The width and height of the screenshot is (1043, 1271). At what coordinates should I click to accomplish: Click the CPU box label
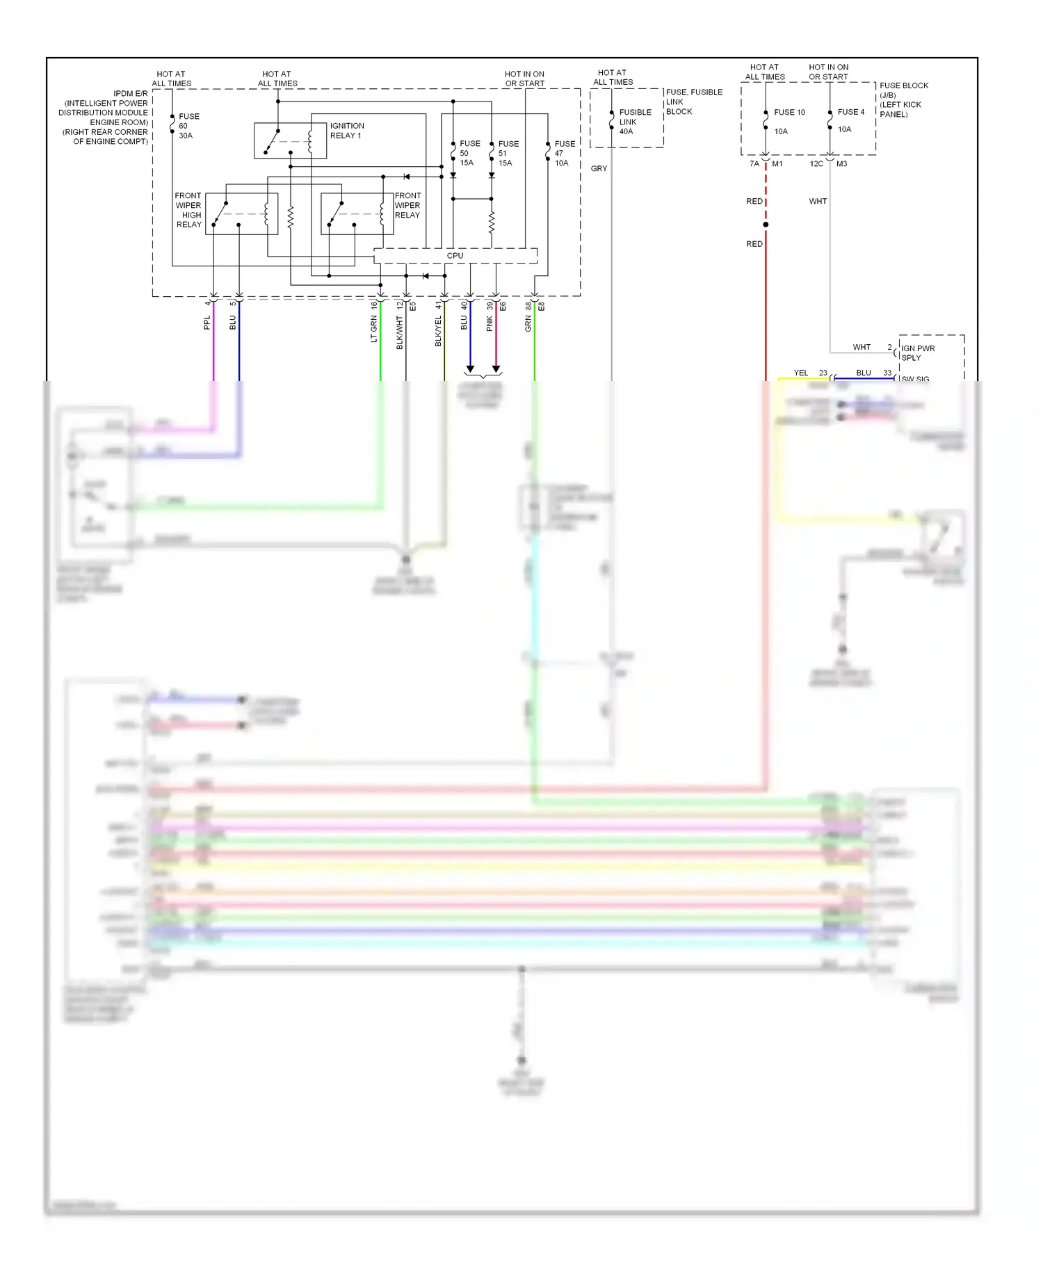click(455, 256)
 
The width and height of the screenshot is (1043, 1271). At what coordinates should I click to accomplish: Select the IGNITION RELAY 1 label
click(346, 131)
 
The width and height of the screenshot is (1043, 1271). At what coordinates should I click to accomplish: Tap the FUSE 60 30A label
click(188, 126)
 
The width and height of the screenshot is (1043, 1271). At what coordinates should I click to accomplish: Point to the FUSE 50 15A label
click(469, 153)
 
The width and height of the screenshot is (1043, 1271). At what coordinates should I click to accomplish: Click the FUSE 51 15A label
click(508, 153)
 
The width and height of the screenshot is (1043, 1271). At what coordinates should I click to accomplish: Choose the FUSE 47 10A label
click(565, 153)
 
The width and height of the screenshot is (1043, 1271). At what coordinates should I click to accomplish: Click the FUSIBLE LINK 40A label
click(635, 122)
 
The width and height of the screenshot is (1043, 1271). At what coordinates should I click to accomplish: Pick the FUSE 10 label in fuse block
click(789, 113)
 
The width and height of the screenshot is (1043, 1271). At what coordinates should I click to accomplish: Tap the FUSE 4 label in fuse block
click(851, 112)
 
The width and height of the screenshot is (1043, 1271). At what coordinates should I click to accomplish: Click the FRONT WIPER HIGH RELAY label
click(188, 210)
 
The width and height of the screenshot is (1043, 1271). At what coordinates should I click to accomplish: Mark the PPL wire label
click(207, 323)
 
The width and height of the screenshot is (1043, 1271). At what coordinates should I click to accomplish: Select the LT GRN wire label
click(373, 329)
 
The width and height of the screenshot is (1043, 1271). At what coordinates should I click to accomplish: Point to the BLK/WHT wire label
click(400, 332)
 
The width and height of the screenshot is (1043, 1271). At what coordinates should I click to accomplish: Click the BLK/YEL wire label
click(438, 332)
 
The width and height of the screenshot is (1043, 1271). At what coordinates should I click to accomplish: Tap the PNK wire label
click(490, 323)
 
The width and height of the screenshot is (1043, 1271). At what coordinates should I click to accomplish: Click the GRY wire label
click(599, 169)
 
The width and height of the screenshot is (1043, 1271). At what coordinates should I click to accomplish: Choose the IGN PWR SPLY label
click(918, 353)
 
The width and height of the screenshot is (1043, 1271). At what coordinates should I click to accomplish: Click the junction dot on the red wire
click(766, 225)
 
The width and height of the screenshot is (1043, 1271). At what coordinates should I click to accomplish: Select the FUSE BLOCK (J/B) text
click(903, 90)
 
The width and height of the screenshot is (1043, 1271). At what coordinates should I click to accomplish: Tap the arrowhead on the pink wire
click(496, 369)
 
